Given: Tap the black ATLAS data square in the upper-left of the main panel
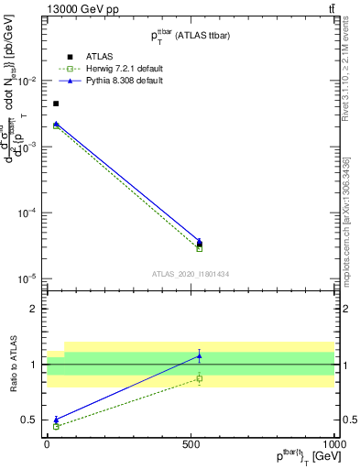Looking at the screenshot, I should point(56,104).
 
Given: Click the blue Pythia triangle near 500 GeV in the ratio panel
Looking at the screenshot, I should point(200,355).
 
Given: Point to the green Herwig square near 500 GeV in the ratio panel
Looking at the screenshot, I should point(200,378).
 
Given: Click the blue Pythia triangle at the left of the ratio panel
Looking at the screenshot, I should point(56,420).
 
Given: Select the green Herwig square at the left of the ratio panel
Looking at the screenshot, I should point(56,426).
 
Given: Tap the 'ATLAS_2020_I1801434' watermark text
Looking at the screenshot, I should point(190,274).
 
